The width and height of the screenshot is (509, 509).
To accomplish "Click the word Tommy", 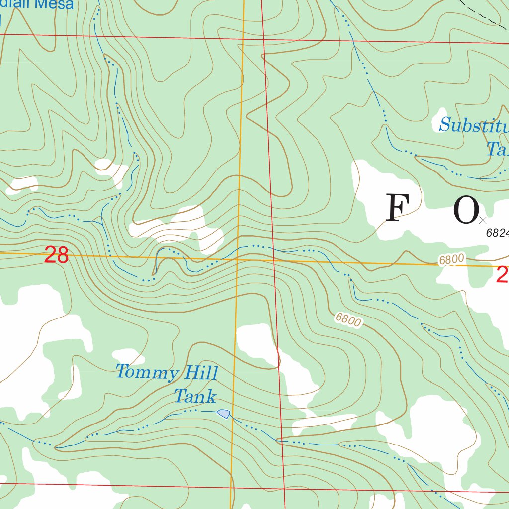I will [147, 373].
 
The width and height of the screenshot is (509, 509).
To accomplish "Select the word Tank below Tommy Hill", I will [195, 396].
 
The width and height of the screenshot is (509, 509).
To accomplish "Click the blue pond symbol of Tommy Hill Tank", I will [224, 413].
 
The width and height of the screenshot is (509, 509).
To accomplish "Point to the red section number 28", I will [56, 256].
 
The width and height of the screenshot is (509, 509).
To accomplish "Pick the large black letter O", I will [466, 211].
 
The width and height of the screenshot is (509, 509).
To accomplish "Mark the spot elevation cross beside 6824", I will [483, 219].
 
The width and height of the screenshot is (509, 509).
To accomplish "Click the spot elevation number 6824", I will [498, 232].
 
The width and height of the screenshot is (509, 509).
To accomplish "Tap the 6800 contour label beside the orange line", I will [452, 259].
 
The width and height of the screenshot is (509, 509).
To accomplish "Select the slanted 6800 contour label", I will [348, 319].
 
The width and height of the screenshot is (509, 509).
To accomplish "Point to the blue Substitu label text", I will [474, 125].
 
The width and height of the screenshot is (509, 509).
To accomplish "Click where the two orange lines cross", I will [238, 259].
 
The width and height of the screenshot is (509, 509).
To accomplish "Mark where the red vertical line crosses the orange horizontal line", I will [274, 260].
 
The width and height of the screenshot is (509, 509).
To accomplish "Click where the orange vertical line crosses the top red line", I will [244, 38].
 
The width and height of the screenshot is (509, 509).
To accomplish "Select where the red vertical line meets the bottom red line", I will [284, 489].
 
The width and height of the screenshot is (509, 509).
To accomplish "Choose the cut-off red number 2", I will [502, 275].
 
